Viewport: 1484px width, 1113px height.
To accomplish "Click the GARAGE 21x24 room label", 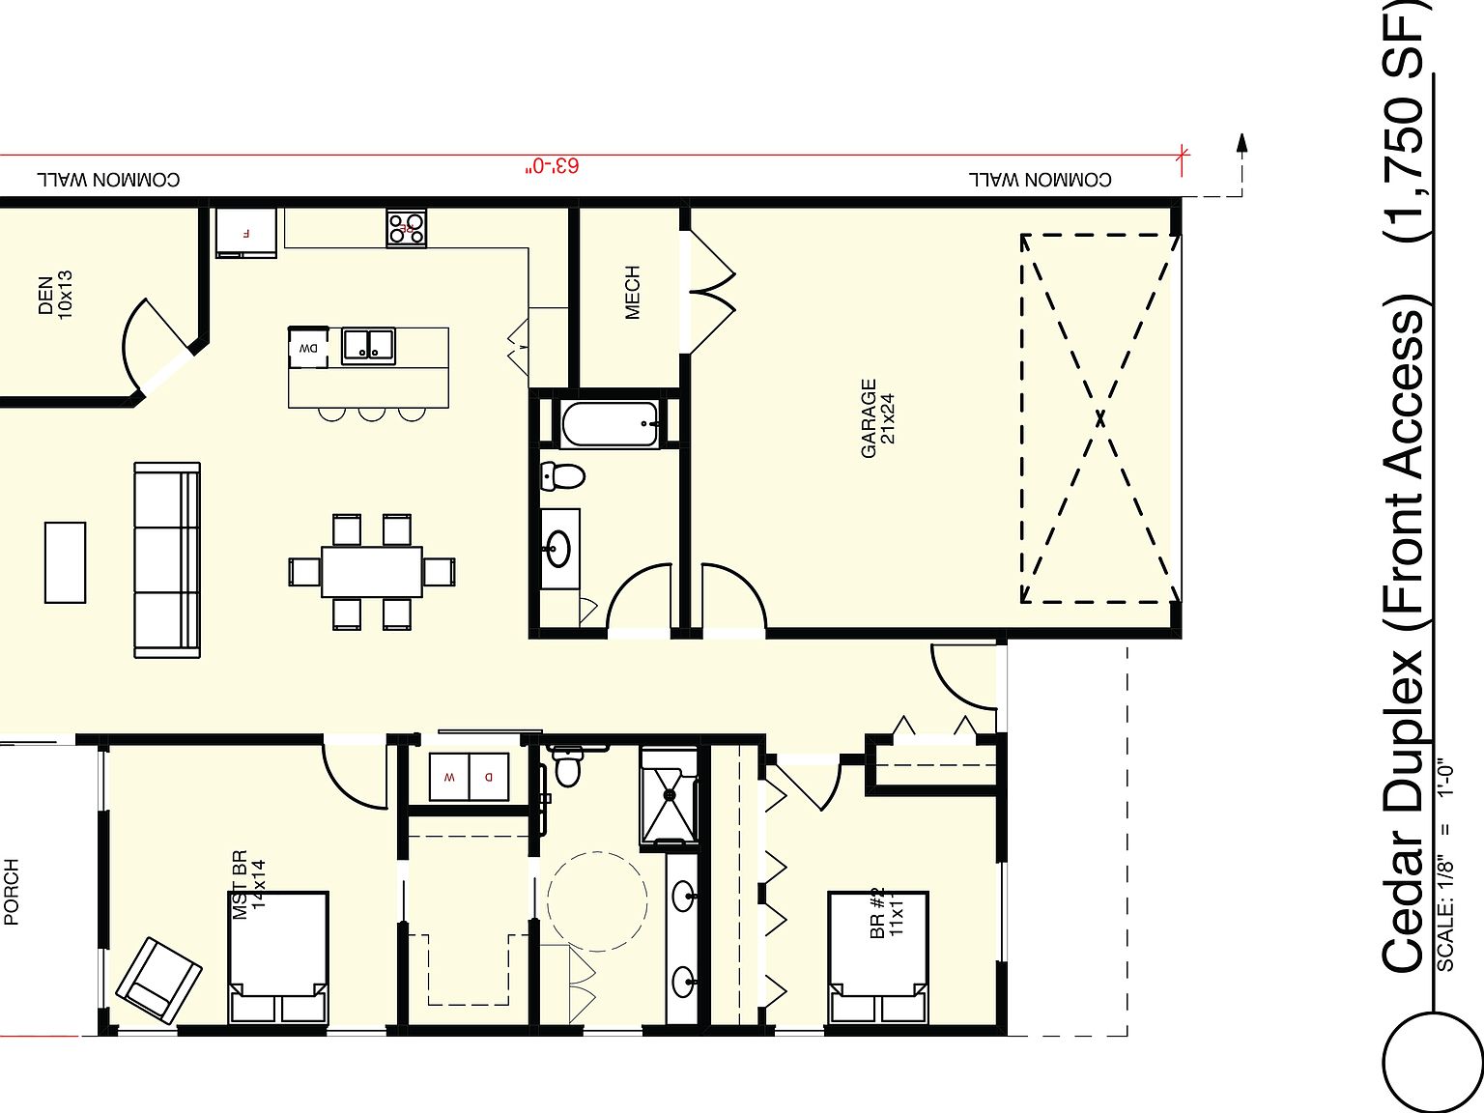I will coord(878,417).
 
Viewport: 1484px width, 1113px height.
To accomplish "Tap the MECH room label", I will coord(632,292).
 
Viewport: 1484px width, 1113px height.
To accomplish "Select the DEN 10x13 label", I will coord(55,294).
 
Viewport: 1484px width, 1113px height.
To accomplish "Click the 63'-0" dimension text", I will coord(553,166).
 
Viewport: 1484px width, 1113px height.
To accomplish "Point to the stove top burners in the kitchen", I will coord(407,228).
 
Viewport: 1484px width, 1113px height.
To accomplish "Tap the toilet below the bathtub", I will coord(563,475).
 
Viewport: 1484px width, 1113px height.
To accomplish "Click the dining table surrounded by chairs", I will coord(372,572).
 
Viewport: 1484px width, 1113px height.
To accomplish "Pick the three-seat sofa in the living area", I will coord(167,560).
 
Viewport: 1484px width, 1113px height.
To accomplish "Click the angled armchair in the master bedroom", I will coord(158,980).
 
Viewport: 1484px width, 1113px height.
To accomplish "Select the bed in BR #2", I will coord(878,957).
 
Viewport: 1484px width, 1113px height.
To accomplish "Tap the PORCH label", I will coord(12,892).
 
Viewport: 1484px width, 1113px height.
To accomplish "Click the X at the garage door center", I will coord(1100,418).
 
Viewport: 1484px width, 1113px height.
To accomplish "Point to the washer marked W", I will coord(448,777).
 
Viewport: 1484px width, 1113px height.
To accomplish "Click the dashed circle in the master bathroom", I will coord(597,900).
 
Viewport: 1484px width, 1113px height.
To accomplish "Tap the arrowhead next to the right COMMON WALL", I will coord(1242,143).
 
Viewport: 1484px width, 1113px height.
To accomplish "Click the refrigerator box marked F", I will coord(246,233).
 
